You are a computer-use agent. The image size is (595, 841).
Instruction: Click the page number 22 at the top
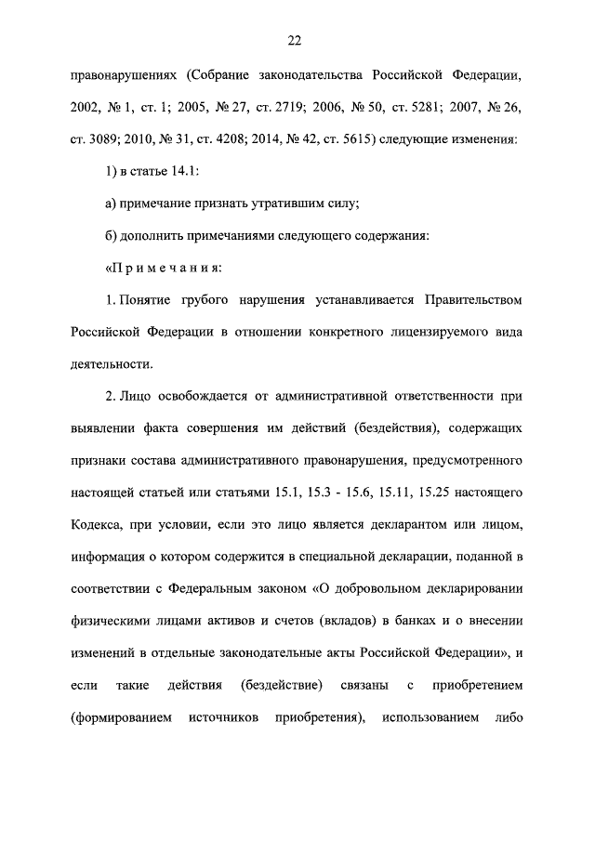coord(297,40)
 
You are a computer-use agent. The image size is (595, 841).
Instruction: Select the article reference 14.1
coord(186,173)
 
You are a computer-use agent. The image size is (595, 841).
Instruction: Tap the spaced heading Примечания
coord(165,269)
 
